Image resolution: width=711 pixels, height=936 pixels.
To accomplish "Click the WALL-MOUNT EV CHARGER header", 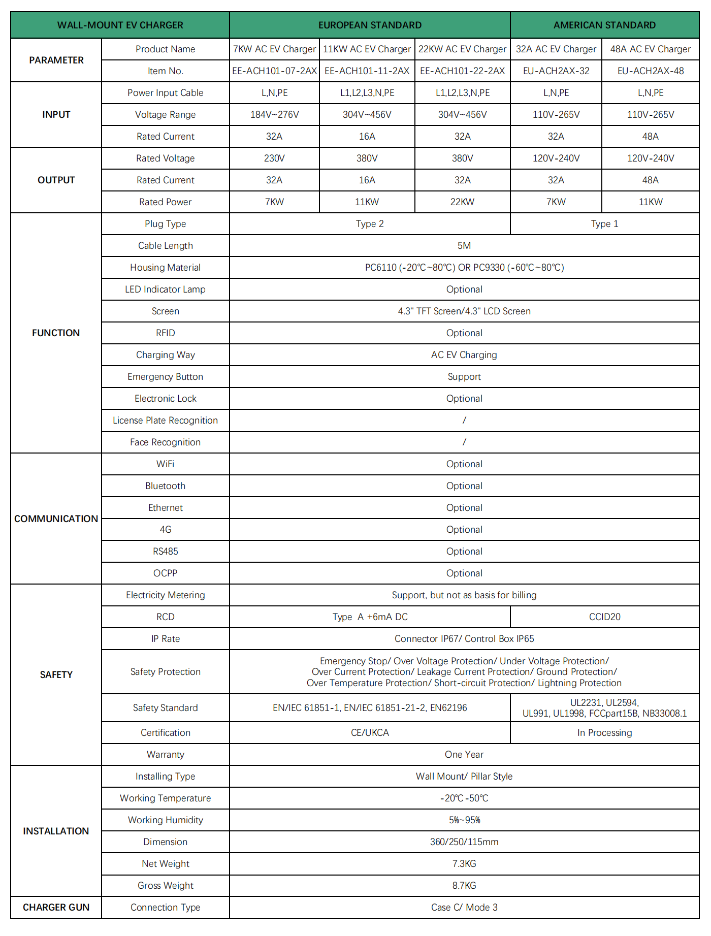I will pyautogui.click(x=120, y=25).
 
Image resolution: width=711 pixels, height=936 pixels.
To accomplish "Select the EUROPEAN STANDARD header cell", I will pyautogui.click(x=370, y=25).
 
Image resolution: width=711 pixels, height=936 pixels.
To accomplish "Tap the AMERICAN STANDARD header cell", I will pyautogui.click(x=604, y=25).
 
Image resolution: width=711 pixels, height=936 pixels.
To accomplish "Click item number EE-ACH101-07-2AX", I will pyautogui.click(x=274, y=71).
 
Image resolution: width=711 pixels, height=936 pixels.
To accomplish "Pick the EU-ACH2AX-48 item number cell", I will pyautogui.click(x=651, y=71).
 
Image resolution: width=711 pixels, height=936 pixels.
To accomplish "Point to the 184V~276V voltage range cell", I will pyautogui.click(x=274, y=115).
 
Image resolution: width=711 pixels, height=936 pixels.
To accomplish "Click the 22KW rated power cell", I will pyautogui.click(x=462, y=202).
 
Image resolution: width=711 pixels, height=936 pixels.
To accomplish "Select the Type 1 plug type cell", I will pyautogui.click(x=604, y=224).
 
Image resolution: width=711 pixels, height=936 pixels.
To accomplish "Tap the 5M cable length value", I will pyautogui.click(x=464, y=246).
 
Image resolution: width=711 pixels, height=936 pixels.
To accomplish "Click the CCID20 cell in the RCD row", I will pyautogui.click(x=604, y=617).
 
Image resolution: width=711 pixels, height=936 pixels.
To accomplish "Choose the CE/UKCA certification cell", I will pyautogui.click(x=370, y=733).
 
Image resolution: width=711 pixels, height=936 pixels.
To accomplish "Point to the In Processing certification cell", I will pyautogui.click(x=604, y=733).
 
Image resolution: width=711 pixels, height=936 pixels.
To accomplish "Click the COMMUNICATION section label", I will pyautogui.click(x=56, y=519).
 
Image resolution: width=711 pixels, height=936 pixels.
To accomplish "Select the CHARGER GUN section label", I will pyautogui.click(x=56, y=908).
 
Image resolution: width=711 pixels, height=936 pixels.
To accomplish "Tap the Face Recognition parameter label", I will pyautogui.click(x=165, y=442).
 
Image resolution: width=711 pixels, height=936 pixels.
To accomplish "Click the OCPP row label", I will pyautogui.click(x=165, y=573).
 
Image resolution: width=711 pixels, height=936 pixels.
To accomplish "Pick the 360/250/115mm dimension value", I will pyautogui.click(x=464, y=842).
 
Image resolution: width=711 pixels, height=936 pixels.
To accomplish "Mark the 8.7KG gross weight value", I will pyautogui.click(x=464, y=886).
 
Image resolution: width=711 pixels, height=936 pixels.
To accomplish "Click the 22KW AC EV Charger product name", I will pyautogui.click(x=462, y=49).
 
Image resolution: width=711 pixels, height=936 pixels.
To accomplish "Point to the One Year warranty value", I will pyautogui.click(x=464, y=755).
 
